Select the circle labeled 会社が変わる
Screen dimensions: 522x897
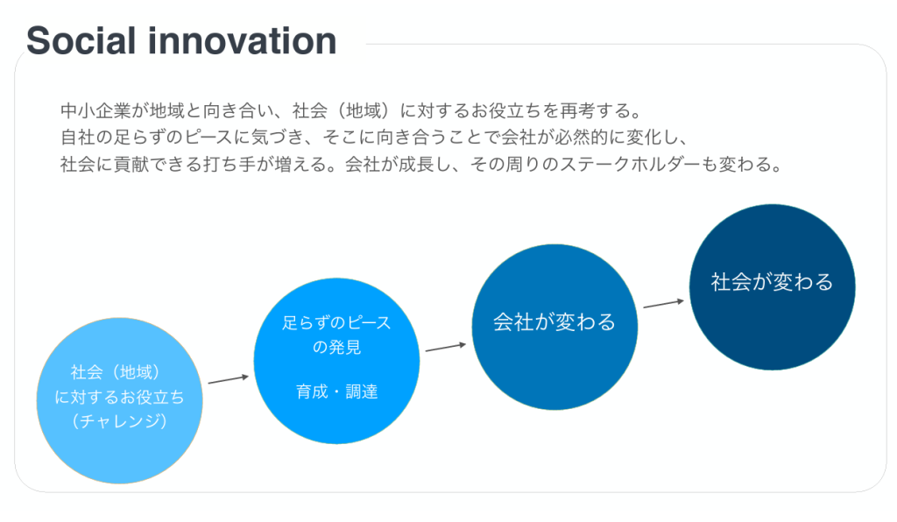(554, 327)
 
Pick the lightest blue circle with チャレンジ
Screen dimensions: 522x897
(120, 401)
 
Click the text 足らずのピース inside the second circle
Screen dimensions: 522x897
(336, 323)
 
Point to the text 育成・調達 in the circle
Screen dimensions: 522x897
(336, 391)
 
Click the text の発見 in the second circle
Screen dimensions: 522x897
(336, 348)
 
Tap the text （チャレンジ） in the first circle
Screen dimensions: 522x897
(120, 421)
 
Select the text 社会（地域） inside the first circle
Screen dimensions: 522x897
(120, 373)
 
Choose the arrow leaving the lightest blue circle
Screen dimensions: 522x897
(229, 380)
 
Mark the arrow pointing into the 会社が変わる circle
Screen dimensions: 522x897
(446, 347)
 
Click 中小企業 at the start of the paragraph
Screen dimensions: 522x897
(89, 111)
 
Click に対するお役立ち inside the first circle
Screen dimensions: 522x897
(120, 398)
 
